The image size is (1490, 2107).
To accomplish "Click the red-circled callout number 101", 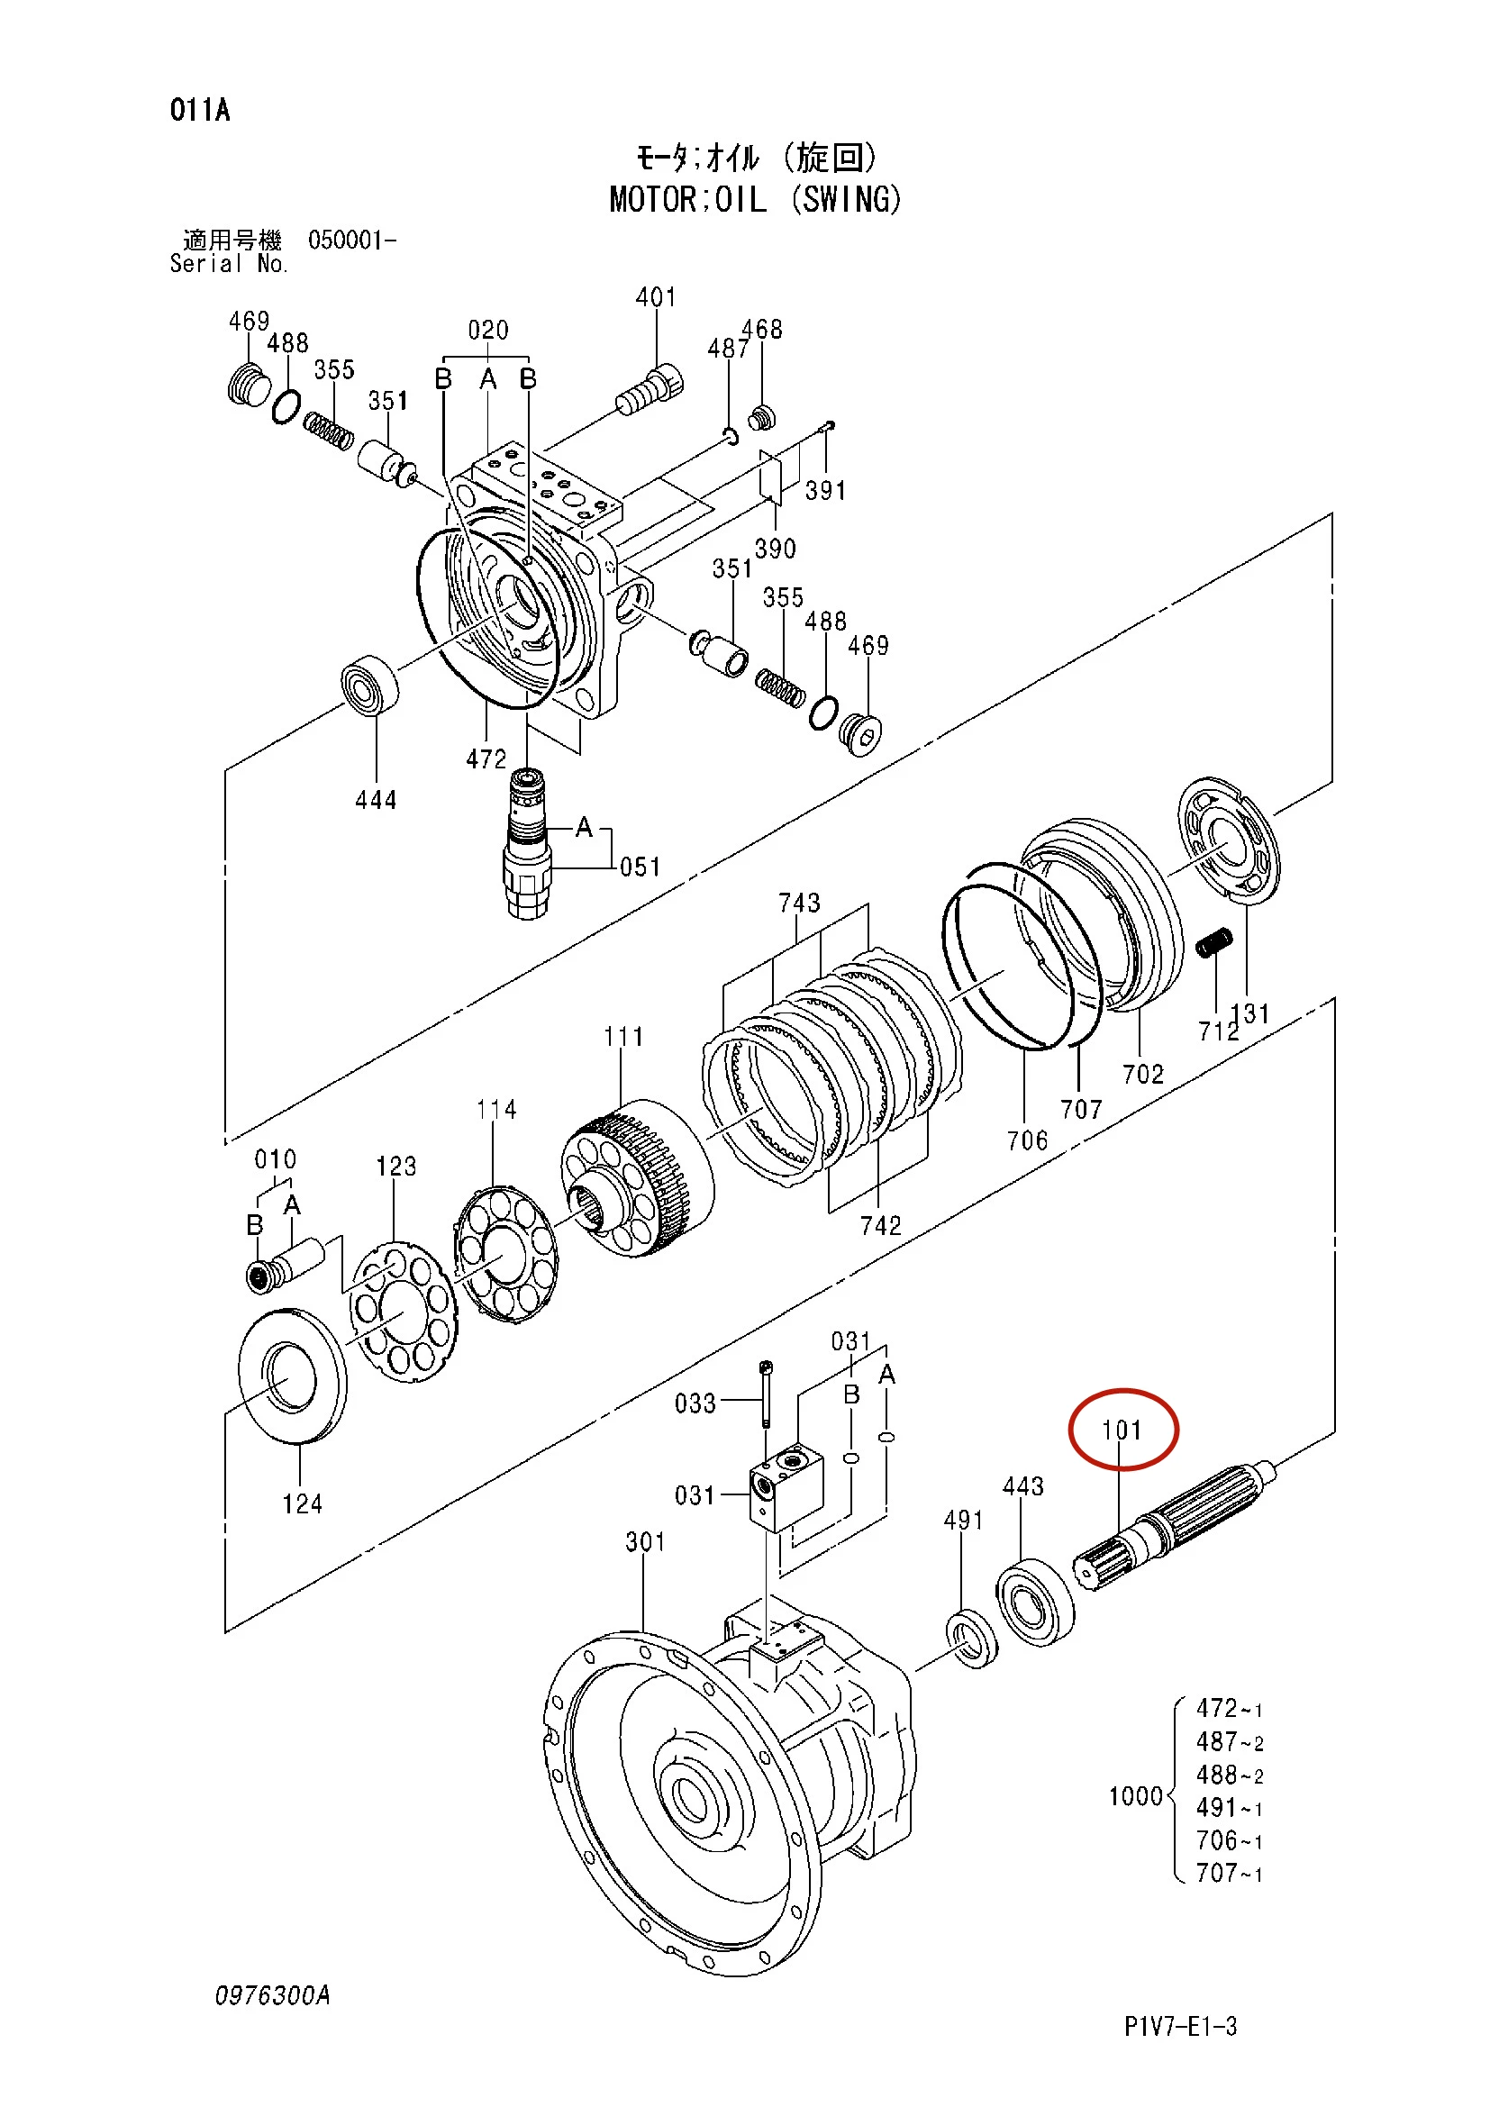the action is click(x=1122, y=1430).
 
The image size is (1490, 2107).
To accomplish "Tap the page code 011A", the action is click(x=200, y=110).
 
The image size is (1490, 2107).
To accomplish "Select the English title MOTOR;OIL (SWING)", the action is click(x=755, y=199).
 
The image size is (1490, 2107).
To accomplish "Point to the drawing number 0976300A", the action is click(x=272, y=1995).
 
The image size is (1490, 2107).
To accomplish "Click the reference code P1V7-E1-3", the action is click(x=1181, y=2026).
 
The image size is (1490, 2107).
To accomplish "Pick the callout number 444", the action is click(x=377, y=800).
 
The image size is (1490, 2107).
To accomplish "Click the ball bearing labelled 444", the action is click(x=369, y=685).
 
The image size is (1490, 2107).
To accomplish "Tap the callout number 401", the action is click(x=656, y=297).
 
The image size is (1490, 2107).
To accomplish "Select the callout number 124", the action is click(x=302, y=1504).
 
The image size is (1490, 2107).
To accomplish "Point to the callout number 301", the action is click(x=646, y=1541).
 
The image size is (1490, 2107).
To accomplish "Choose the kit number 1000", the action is click(x=1136, y=1796).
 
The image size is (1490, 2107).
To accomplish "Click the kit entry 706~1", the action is click(x=1230, y=1840).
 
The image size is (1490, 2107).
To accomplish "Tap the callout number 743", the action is click(x=799, y=903).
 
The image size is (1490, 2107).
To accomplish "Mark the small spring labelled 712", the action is click(x=1213, y=942).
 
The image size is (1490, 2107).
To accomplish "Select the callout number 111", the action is click(x=623, y=1037).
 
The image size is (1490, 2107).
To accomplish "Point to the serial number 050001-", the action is click(x=352, y=241).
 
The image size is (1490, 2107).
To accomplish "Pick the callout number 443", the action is click(x=1023, y=1486).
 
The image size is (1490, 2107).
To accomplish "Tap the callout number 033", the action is click(x=695, y=1404).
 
